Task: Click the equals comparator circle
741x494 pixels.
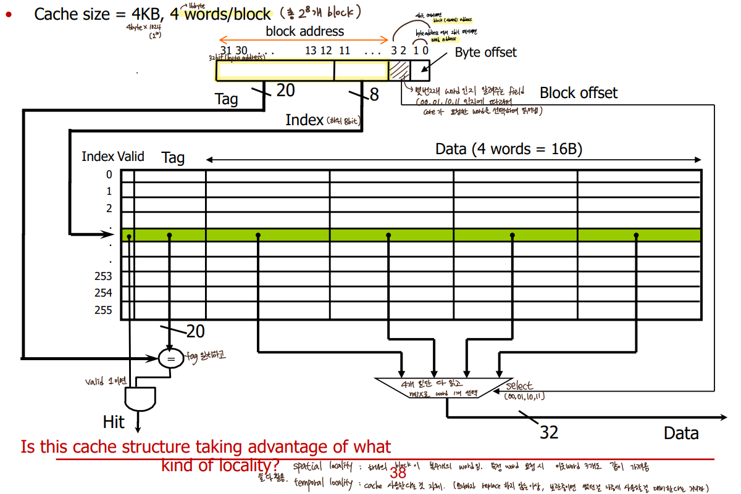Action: tap(172, 358)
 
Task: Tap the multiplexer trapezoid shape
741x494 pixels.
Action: tap(443, 388)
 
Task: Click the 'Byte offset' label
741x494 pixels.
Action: tap(485, 52)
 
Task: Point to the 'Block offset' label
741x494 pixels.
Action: tap(578, 93)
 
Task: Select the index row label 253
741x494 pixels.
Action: tap(103, 277)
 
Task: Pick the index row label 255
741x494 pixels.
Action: tap(103, 310)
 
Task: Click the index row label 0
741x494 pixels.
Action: tap(109, 175)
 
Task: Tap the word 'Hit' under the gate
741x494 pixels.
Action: tap(114, 422)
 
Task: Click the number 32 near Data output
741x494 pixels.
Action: tap(549, 432)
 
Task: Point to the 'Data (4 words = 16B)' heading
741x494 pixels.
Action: tap(509, 149)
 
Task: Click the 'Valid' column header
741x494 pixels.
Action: tap(130, 157)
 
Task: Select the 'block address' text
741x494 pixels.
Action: tap(305, 31)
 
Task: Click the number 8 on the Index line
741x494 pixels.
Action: tap(374, 95)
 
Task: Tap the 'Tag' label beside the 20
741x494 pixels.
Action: tap(227, 99)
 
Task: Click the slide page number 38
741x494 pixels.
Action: tap(398, 474)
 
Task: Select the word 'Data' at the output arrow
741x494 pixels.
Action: tap(681, 434)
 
